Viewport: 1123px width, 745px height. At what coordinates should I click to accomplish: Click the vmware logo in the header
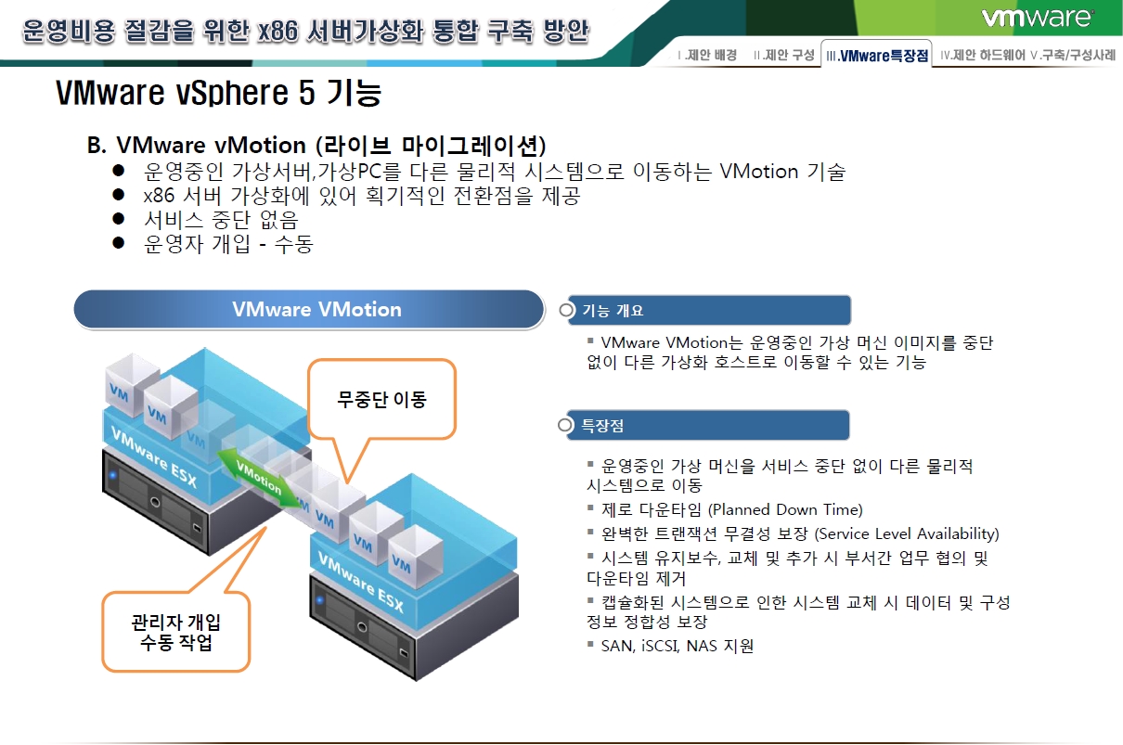pos(1037,18)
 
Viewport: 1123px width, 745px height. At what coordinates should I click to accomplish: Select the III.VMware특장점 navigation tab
pos(876,54)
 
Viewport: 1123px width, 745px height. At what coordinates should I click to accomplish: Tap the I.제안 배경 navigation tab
pos(707,54)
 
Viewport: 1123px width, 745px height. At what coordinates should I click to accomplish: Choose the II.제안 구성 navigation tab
pos(784,54)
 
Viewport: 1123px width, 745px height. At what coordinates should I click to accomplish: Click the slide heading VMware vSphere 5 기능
pos(219,92)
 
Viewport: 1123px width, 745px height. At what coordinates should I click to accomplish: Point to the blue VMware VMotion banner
pos(309,309)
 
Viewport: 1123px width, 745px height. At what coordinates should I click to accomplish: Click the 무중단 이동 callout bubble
pos(381,399)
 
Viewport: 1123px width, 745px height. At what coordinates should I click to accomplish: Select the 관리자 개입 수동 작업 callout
pos(176,632)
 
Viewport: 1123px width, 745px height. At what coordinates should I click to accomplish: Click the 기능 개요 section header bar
pos(709,310)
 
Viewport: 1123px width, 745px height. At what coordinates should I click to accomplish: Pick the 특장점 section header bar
pos(708,425)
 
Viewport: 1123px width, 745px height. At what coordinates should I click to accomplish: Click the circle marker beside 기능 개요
pos(566,310)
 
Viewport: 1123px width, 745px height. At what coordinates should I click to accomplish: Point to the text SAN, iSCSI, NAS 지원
pos(678,646)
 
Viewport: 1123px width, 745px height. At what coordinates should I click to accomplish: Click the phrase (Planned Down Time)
pos(785,509)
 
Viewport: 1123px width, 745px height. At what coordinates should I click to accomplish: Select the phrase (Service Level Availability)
pos(907,533)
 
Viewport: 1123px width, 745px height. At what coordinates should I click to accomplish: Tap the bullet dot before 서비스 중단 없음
pos(118,218)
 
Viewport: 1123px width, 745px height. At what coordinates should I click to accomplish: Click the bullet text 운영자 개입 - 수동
pos(228,244)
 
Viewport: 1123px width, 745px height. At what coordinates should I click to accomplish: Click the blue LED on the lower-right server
pos(320,600)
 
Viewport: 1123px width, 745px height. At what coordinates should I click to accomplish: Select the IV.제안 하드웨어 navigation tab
pos(983,54)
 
